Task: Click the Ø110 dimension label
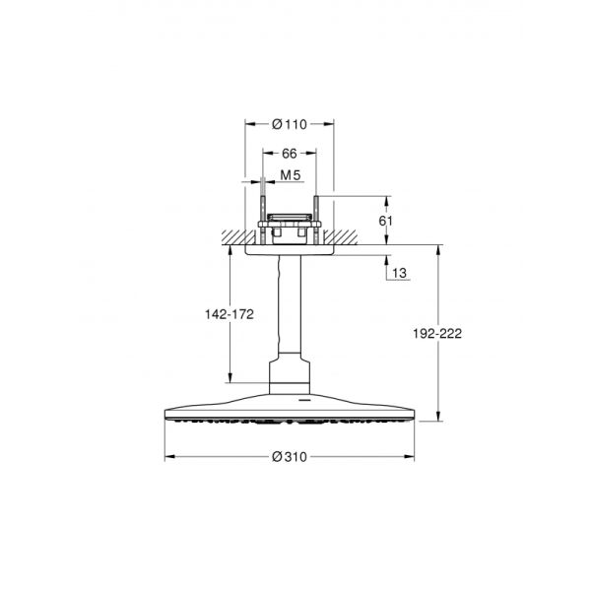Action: pos(289,124)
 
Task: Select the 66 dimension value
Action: pos(289,154)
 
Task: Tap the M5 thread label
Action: pos(290,177)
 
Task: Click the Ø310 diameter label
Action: pos(289,456)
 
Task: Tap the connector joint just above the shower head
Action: pos(289,379)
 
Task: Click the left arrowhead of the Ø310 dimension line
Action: pos(168,456)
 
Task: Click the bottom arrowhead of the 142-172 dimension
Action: pos(229,378)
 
